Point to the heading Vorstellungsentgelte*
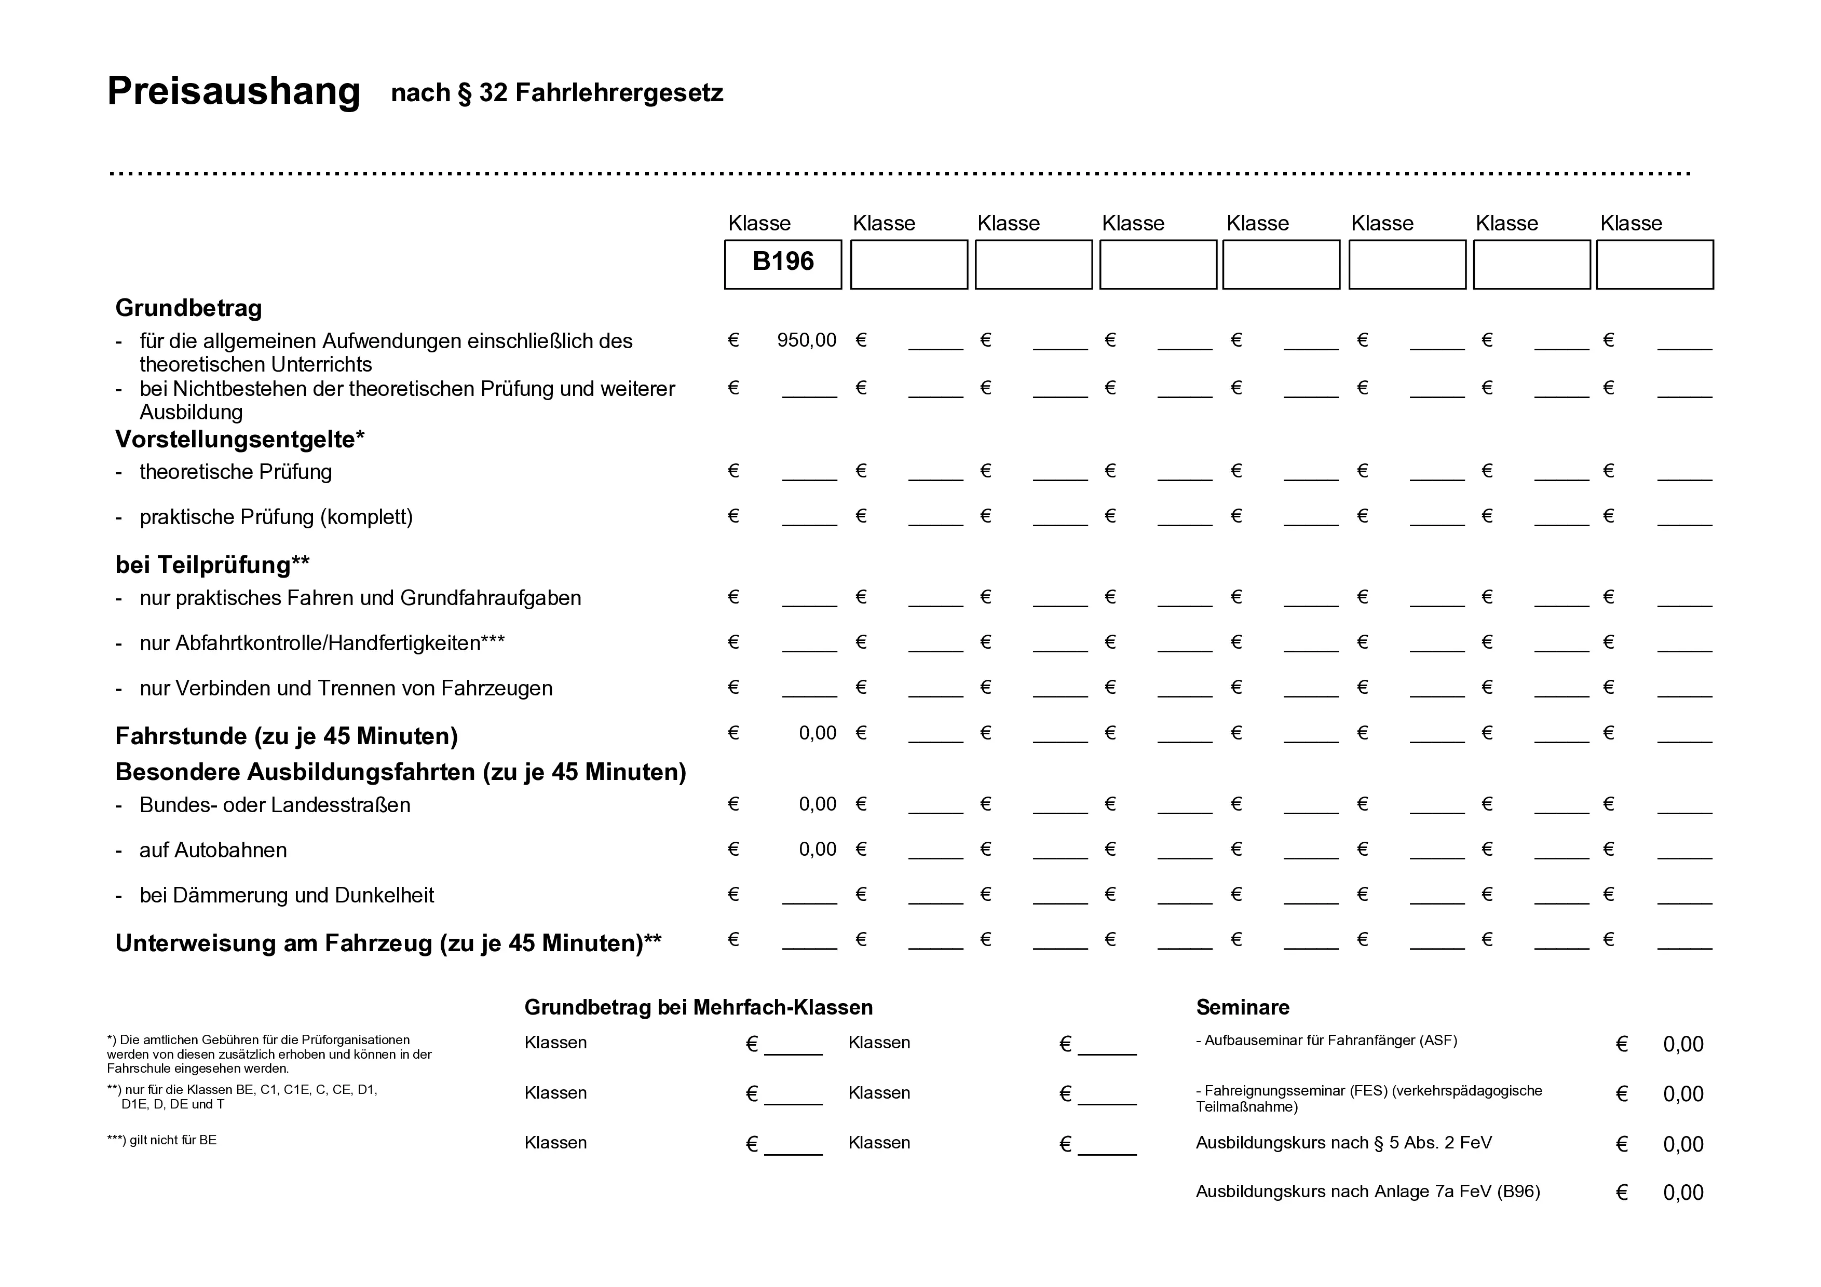coord(239,439)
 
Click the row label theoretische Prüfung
coord(236,472)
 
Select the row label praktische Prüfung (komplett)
coord(276,517)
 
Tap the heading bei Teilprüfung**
coord(212,565)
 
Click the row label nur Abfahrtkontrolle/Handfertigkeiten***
coord(322,642)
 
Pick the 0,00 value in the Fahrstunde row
coord(817,733)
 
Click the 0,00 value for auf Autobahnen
coord(817,850)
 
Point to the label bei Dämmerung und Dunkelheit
coord(287,895)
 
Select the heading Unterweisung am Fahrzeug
coord(388,943)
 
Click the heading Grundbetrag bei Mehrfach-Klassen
coord(698,1007)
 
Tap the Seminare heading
coord(1242,1007)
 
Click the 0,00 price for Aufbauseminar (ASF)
coord(1682,1044)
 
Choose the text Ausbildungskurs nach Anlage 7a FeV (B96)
coord(1367,1191)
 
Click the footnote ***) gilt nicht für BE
coord(162,1140)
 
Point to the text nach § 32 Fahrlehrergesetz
coord(557,93)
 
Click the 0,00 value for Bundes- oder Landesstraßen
coord(817,804)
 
